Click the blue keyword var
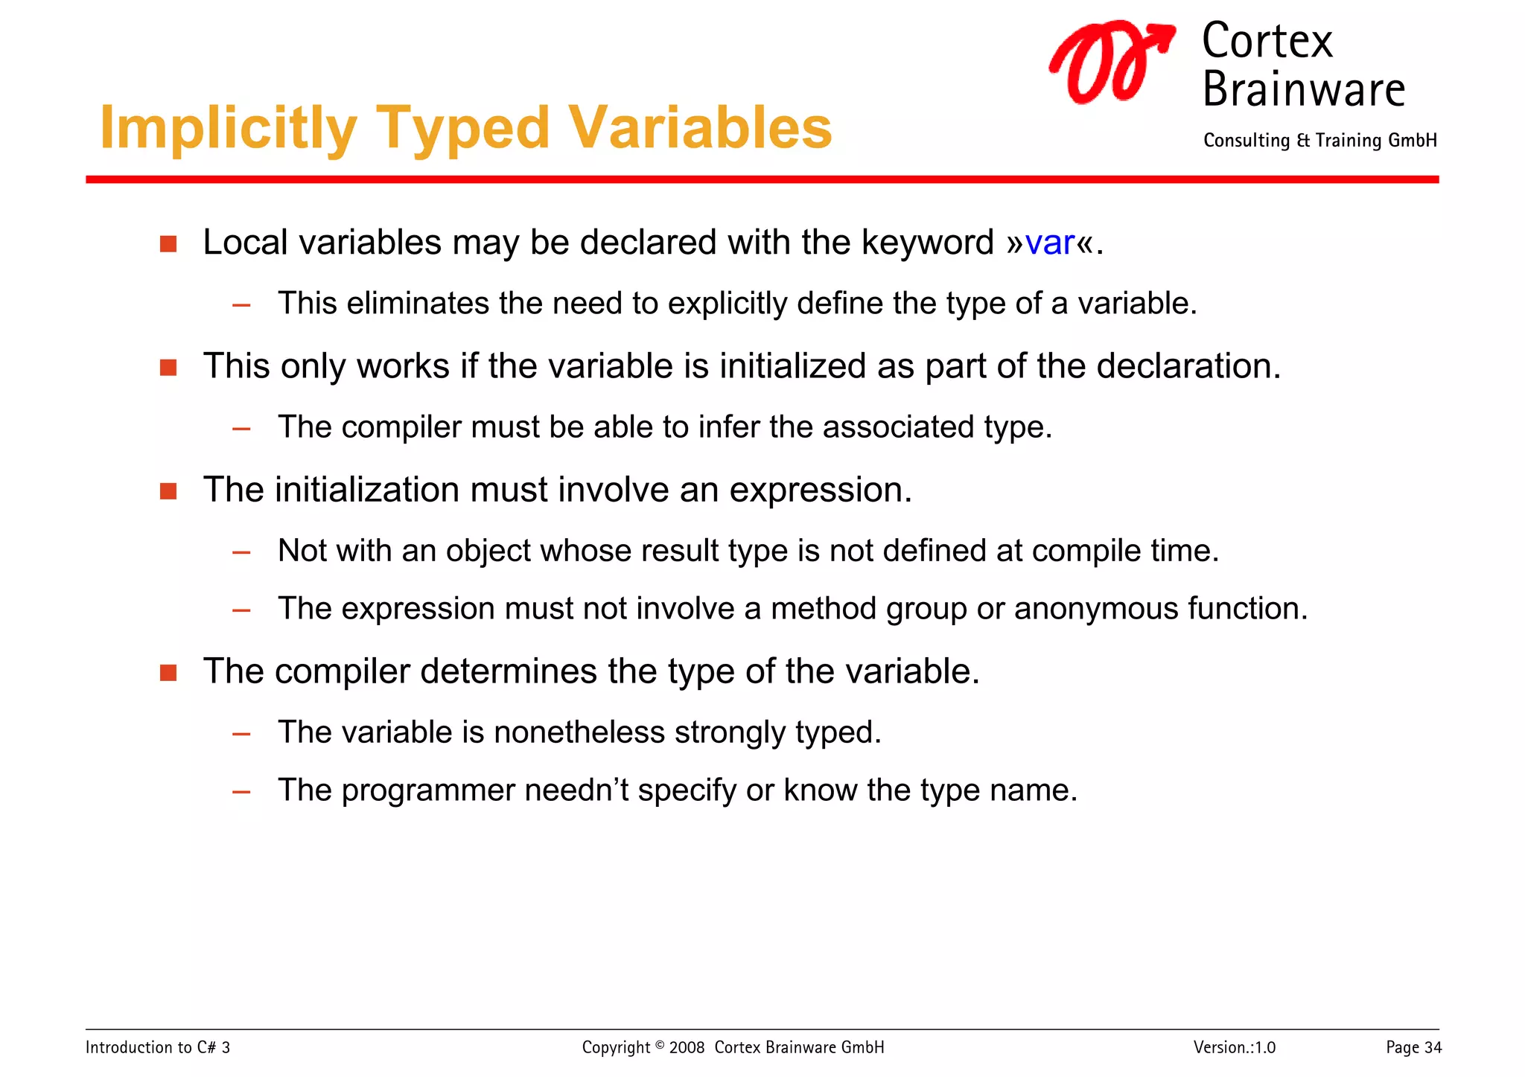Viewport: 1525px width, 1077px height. (x=1049, y=243)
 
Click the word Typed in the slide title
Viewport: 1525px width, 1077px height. (x=461, y=129)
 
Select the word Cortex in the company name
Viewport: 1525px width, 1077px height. (x=1267, y=41)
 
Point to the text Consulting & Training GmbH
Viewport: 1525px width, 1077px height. (x=1319, y=141)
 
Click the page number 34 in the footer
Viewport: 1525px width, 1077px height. (x=1433, y=1047)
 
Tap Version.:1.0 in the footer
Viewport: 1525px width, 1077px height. (x=1234, y=1047)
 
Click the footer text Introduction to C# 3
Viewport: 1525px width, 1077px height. (x=158, y=1047)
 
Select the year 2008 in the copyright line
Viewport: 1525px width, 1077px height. (x=687, y=1047)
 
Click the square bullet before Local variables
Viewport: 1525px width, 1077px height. (x=168, y=244)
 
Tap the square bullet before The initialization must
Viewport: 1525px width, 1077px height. (x=168, y=491)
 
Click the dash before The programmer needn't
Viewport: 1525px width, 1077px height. (x=241, y=792)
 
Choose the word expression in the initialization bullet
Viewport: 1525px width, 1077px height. (x=820, y=491)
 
